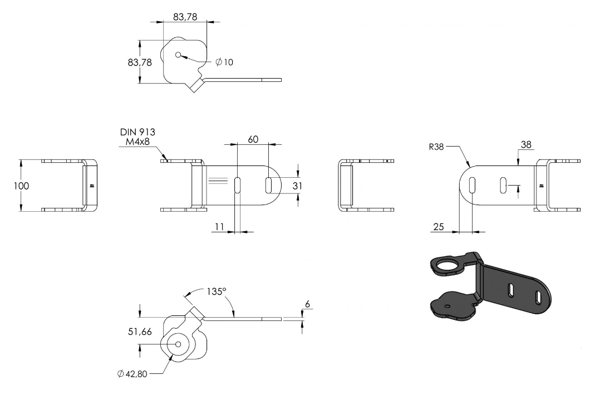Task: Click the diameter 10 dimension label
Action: point(224,62)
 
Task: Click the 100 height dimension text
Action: point(21,186)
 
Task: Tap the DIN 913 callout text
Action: point(137,132)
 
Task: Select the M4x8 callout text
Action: point(137,142)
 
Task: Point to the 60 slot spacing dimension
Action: point(253,139)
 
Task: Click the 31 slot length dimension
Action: point(297,186)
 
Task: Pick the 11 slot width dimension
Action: point(220,227)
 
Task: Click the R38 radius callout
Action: point(436,147)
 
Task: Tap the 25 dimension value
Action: point(438,227)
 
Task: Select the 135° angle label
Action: point(217,291)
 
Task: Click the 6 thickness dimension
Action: point(307,304)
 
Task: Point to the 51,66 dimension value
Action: point(140,332)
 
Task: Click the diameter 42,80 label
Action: point(132,374)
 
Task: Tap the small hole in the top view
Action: point(178,55)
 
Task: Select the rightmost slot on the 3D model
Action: point(538,297)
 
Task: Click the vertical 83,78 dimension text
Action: point(140,62)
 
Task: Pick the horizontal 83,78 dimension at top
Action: point(185,17)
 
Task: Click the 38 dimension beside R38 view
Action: point(526,144)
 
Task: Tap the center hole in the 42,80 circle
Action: point(178,344)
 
